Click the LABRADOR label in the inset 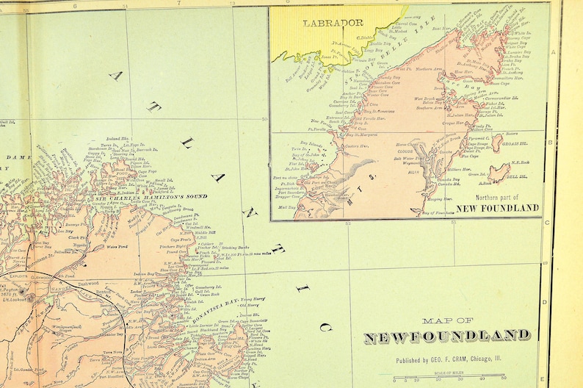click(x=329, y=22)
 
